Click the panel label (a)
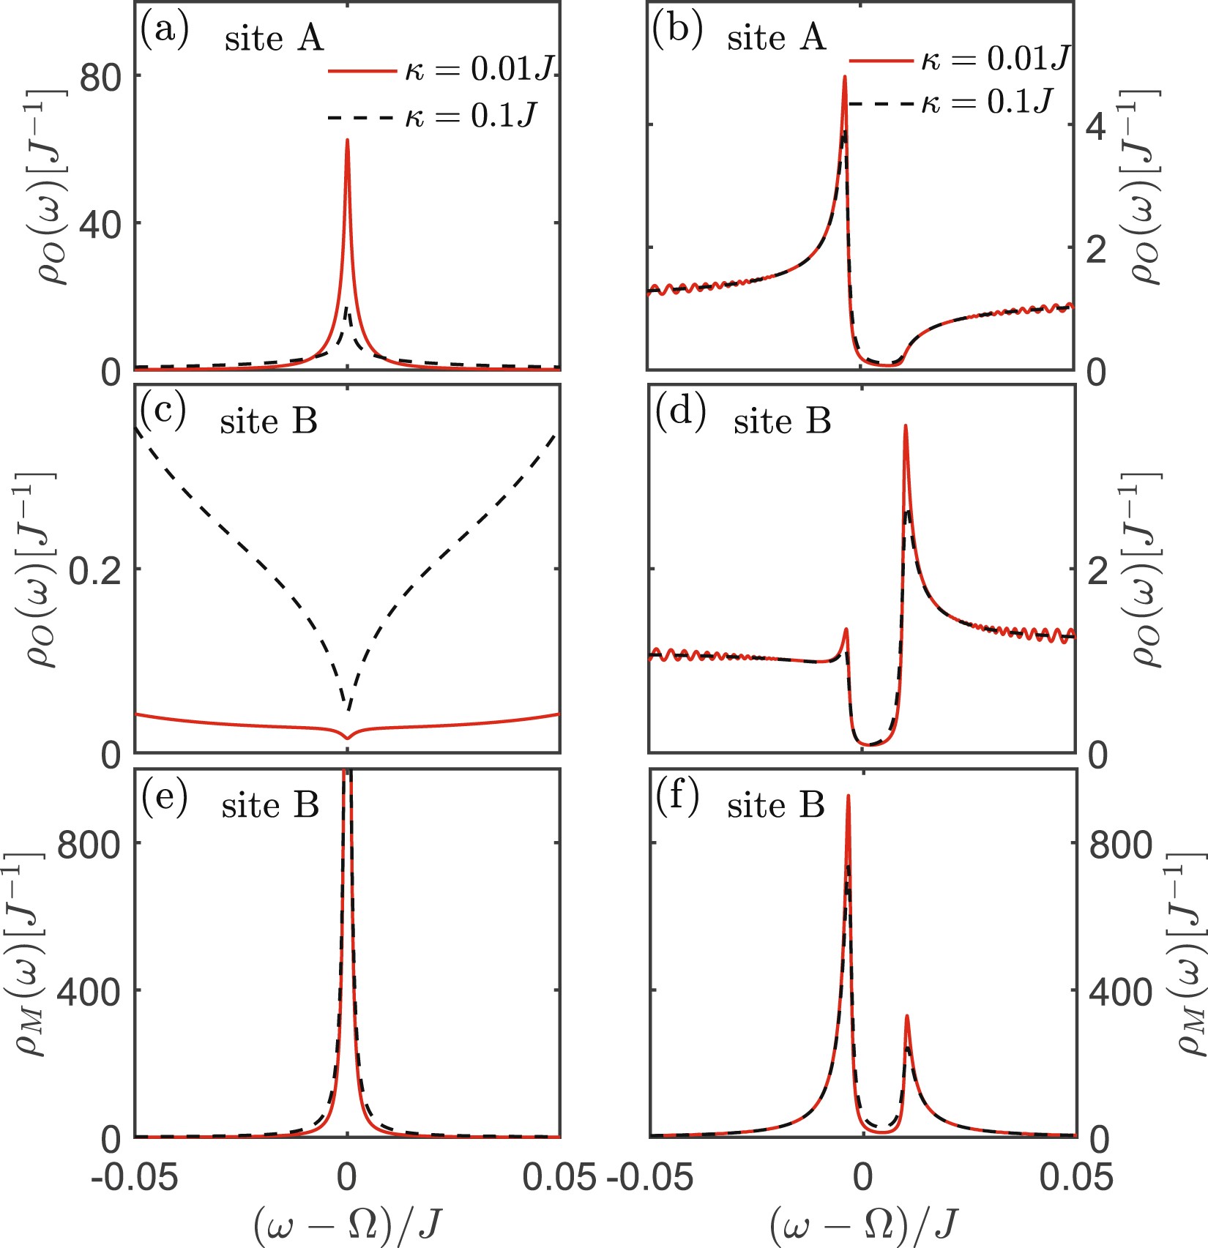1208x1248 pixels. click(164, 32)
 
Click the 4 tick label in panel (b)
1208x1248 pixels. click(1096, 127)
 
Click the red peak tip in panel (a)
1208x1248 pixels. click(347, 141)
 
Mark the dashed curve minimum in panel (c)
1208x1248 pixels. click(348, 709)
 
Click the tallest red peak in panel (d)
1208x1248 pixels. click(906, 426)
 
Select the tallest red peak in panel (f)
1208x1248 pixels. click(848, 796)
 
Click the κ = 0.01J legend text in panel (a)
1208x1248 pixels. click(482, 69)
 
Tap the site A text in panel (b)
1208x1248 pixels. click(776, 37)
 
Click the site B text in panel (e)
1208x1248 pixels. click(270, 805)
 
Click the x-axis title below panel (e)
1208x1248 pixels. click(347, 1224)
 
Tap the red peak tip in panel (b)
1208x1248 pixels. click(844, 77)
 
